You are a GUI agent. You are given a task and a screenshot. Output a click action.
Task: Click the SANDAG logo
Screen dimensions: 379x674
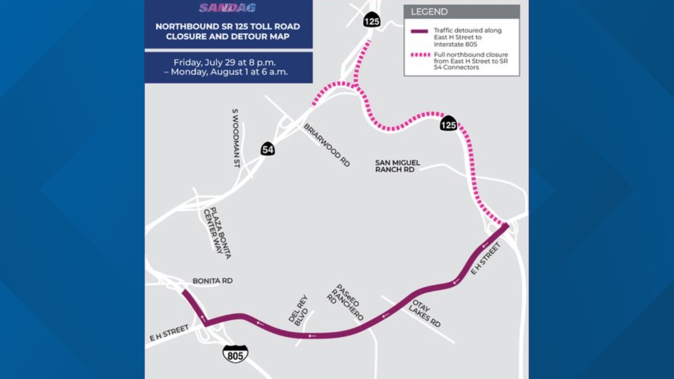point(227,8)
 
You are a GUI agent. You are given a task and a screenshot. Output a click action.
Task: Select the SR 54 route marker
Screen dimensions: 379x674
point(267,149)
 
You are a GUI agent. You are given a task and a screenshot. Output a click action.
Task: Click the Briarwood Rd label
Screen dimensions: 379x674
point(327,145)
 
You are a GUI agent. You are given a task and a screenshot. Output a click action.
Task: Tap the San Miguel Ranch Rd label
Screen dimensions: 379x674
point(397,166)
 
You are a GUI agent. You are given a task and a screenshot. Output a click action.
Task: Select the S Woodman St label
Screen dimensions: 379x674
point(236,138)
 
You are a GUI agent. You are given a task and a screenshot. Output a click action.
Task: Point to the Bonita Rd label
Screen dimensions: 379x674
point(212,281)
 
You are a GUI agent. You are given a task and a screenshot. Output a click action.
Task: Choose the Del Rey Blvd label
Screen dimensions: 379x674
point(298,310)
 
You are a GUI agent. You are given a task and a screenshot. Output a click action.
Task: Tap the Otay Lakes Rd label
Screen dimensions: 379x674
point(424,313)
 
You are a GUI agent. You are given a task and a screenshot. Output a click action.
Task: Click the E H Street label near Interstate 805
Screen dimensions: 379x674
point(169,332)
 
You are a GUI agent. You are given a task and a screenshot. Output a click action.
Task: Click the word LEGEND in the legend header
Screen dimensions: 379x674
point(429,12)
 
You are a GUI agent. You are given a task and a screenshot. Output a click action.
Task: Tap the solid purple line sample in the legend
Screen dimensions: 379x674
point(419,31)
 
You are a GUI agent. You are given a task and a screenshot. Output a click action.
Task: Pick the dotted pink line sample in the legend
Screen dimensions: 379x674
point(420,55)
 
